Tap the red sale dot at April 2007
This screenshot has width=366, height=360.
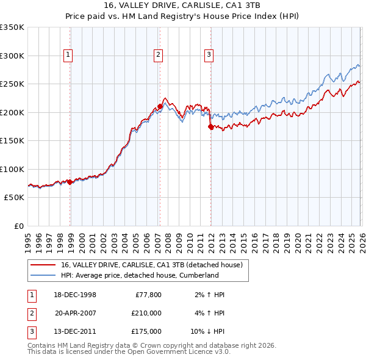(x=160, y=106)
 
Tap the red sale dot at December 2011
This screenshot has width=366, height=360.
(x=210, y=126)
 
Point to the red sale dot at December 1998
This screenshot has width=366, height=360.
(x=70, y=182)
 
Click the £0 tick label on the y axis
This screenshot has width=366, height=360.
(x=18, y=226)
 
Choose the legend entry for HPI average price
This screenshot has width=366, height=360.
(x=140, y=275)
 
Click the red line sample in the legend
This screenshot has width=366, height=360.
(x=43, y=265)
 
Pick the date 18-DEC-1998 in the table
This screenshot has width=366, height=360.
(x=75, y=295)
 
